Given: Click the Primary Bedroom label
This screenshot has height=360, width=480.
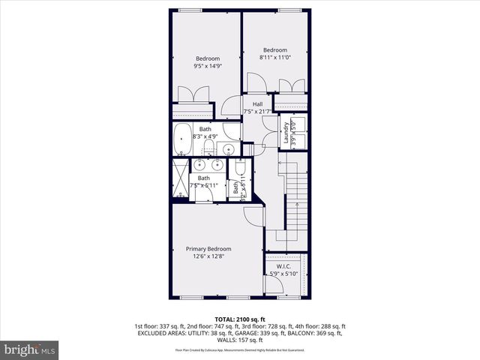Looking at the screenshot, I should pos(208,249).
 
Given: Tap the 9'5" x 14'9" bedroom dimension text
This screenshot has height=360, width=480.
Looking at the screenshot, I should pos(208,66).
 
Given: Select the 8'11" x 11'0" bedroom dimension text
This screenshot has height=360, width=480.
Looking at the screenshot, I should pos(274,58).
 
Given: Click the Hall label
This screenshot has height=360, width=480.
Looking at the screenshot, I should pos(257,104).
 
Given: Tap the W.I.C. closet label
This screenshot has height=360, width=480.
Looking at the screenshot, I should pos(283,265).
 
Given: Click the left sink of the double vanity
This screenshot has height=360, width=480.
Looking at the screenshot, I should pos(200,165).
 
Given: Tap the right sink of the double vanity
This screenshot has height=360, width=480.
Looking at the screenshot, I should pos(218,165).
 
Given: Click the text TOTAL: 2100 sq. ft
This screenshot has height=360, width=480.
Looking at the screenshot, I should pos(240,319).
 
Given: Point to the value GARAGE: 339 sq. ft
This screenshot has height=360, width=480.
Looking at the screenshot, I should pos(259,334).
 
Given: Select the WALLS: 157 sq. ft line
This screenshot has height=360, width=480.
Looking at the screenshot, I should pos(240,341).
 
